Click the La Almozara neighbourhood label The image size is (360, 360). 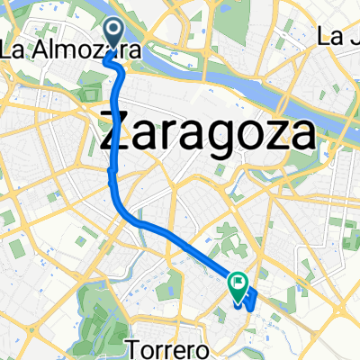pyautogui.click(x=69, y=51)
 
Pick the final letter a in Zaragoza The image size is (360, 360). pyautogui.click(x=301, y=136)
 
